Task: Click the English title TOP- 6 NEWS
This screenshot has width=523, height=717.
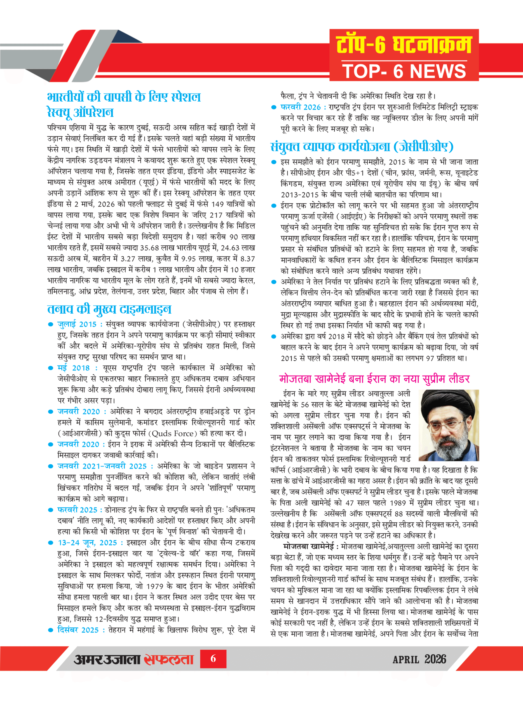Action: click(x=404, y=71)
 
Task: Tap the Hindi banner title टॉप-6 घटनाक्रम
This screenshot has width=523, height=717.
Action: click(x=404, y=45)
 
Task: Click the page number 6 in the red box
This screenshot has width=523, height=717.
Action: click(x=213, y=659)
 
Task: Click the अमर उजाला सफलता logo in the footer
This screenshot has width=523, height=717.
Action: click(x=133, y=659)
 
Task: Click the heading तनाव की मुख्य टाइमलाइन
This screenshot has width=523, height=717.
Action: click(x=109, y=309)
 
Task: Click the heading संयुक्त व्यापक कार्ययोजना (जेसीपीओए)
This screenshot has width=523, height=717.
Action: click(x=362, y=146)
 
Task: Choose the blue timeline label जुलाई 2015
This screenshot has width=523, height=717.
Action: click(x=77, y=324)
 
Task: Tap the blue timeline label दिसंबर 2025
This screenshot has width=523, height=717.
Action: click(x=78, y=630)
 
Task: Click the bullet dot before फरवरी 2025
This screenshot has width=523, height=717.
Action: click(x=50, y=510)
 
